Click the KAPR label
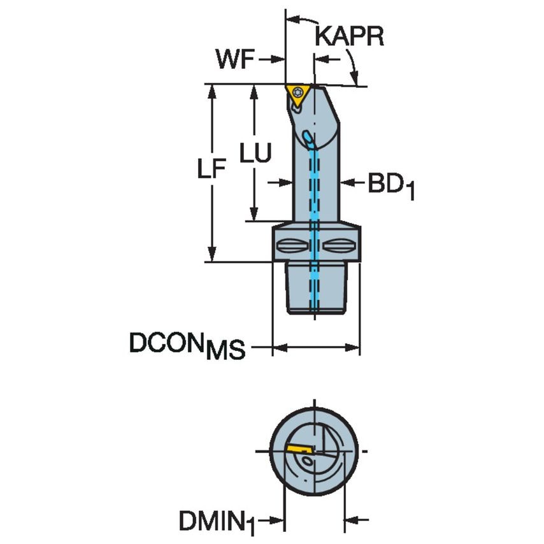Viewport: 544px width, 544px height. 349,37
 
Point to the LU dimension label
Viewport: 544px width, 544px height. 256,154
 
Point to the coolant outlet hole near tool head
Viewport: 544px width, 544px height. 309,136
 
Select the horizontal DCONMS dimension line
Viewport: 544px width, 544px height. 317,348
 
